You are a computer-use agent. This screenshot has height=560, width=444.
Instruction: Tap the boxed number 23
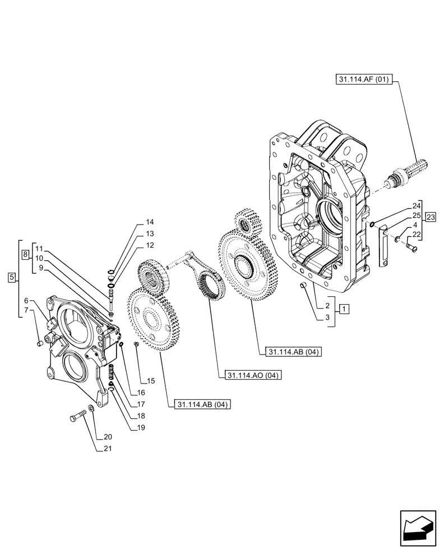tap(431, 217)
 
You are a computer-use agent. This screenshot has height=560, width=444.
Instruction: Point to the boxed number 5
tap(12, 277)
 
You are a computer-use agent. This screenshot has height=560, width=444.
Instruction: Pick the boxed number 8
tap(25, 255)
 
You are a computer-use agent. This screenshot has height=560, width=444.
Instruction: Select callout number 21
tap(107, 448)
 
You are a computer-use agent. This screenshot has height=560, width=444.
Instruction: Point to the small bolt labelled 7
tap(39, 343)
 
